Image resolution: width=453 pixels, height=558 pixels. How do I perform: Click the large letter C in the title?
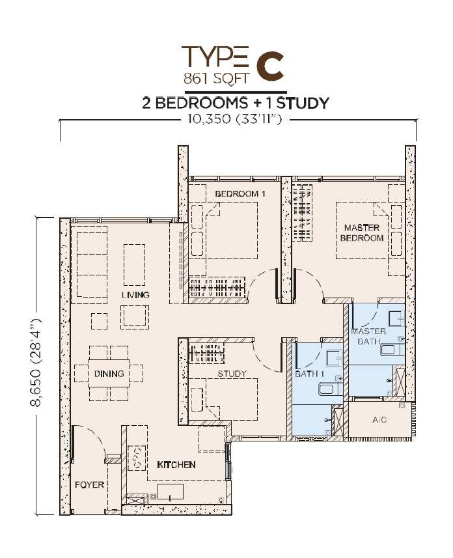tap(270, 66)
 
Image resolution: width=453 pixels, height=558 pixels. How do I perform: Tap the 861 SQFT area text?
tap(215, 77)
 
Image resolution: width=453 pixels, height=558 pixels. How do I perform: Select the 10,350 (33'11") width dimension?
tap(235, 119)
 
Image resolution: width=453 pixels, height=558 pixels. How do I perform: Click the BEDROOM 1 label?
tap(240, 194)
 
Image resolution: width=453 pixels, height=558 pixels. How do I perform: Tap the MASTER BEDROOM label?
tap(362, 232)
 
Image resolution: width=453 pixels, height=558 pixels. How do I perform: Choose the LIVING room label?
tap(135, 295)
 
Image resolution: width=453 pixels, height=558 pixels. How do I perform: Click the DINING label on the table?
tap(109, 373)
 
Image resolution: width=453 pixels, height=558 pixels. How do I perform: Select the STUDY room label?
tap(232, 374)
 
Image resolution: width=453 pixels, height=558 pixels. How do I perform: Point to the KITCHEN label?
tap(176, 465)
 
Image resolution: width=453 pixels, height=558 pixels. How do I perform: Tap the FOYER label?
tap(89, 484)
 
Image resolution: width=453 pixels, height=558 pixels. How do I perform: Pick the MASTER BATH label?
tap(368, 336)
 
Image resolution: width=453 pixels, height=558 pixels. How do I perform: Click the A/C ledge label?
tap(379, 420)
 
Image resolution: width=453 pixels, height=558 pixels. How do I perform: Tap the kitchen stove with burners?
tap(137, 458)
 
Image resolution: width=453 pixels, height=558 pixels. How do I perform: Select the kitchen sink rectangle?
tap(171, 492)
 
